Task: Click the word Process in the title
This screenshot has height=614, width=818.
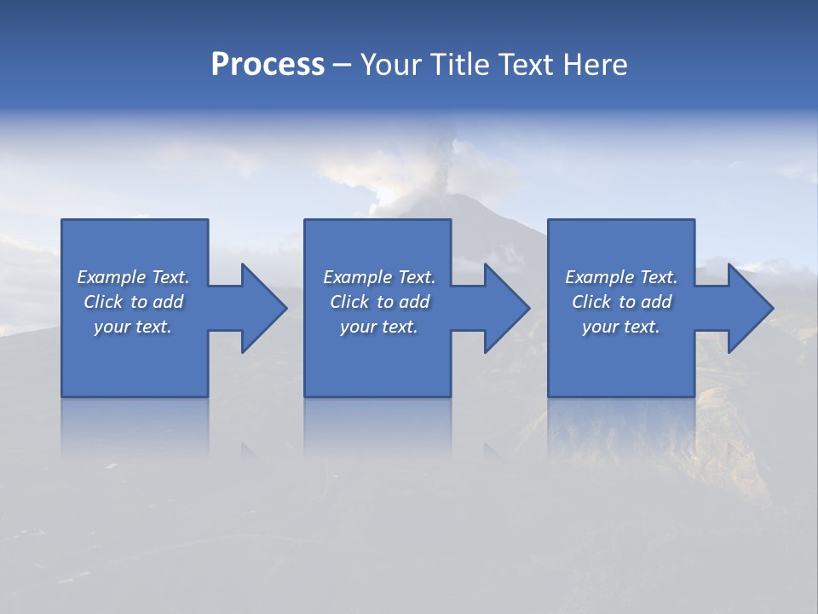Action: [268, 65]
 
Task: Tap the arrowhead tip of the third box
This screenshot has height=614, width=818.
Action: [772, 308]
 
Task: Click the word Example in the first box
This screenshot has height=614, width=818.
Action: [112, 277]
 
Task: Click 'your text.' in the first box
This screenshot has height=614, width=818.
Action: [133, 327]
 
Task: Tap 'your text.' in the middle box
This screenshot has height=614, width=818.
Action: [379, 327]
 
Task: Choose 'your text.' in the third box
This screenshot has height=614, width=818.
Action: [621, 327]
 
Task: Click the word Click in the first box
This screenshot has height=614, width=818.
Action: [103, 302]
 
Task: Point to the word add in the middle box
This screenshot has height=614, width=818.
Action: [414, 302]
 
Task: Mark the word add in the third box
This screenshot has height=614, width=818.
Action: [656, 302]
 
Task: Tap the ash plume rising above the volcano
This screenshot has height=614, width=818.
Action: [443, 153]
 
